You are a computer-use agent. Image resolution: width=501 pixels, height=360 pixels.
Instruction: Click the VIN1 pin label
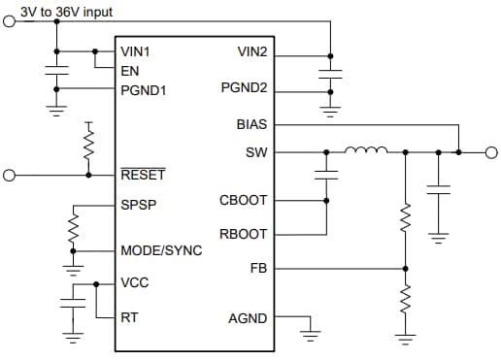coord(137,50)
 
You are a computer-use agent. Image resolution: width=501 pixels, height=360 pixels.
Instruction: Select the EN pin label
coord(130,70)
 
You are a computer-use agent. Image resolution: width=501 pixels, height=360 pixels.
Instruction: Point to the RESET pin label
coord(143,176)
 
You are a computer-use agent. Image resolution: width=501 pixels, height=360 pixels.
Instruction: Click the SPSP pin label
coord(138,206)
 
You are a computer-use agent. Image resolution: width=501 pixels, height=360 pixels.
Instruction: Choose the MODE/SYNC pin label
coord(161,250)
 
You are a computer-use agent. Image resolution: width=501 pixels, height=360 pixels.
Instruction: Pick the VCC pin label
coord(135,283)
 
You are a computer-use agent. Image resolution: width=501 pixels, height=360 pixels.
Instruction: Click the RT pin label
coord(129,317)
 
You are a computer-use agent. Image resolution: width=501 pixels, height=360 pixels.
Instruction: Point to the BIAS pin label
coord(251,125)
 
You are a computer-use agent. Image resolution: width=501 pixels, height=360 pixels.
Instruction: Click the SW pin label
coord(257,152)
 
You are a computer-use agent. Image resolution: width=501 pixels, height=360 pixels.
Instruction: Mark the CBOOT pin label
coord(245,201)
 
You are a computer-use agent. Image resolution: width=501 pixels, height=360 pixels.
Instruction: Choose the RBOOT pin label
coord(245,234)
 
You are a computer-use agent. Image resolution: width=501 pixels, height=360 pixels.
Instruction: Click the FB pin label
coord(259,268)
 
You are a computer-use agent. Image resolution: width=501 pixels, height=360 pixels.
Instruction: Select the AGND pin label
coord(248,317)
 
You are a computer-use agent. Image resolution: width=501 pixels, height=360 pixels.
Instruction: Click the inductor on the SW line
coord(367,150)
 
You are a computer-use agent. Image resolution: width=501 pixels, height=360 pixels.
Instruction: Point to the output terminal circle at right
coord(491,152)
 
